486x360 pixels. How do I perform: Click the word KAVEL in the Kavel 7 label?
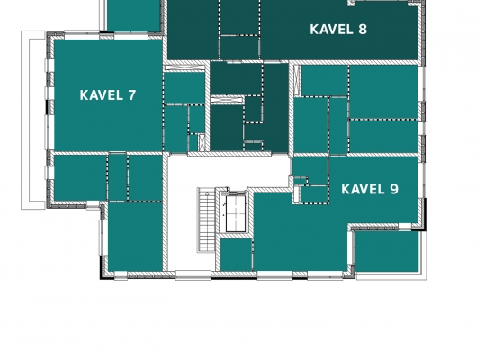pos(102,95)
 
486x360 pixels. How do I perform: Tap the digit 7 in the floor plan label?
pos(131,95)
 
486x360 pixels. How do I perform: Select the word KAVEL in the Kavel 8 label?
pos(331,30)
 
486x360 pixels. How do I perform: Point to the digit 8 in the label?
pos(363,30)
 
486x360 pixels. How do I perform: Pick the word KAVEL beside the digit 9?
pos(363,189)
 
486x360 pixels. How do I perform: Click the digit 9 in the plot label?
pos(394,189)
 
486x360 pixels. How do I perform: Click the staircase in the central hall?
pos(207,220)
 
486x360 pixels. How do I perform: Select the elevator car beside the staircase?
pos(236,213)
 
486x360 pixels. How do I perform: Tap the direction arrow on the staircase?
pos(208,194)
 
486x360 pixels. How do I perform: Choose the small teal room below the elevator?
pos(236,255)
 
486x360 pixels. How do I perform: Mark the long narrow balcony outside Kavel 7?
pos(33,120)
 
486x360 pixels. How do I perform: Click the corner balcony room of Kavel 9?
pos(387,252)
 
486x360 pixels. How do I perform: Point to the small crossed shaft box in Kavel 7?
pos(202,142)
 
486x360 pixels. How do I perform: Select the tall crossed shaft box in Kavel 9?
pos(297,81)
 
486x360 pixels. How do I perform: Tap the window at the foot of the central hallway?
pos(193,275)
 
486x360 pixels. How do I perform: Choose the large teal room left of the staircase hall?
pos(135,237)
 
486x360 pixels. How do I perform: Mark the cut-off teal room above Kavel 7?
pos(133,15)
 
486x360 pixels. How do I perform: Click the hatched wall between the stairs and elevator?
pos(218,220)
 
